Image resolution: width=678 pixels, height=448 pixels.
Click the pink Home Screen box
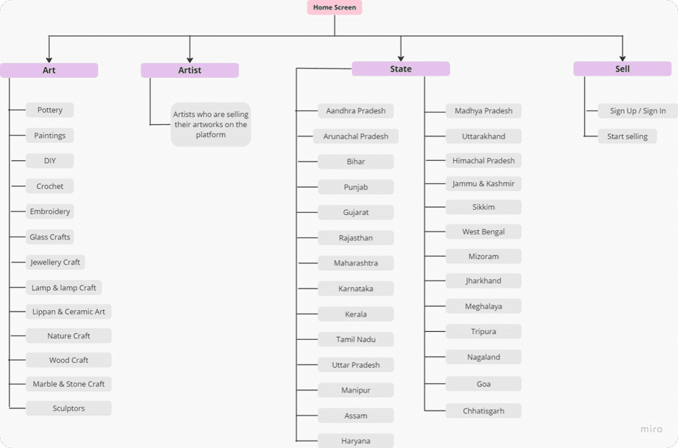(334, 8)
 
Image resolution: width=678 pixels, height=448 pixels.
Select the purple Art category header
(49, 70)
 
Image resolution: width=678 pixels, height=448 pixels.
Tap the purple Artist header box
(190, 70)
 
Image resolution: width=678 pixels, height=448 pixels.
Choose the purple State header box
(400, 69)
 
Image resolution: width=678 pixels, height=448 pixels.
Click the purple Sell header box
(622, 69)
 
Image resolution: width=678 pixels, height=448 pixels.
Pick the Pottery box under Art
(50, 110)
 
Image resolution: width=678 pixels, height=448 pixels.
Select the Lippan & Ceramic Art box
(69, 312)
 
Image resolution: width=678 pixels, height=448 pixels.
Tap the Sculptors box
(69, 408)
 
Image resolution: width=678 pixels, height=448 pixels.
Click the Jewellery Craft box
(56, 262)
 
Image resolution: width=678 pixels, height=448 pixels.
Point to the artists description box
(211, 124)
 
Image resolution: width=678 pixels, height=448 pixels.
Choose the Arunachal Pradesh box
(356, 136)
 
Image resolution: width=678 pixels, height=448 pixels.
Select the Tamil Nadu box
(356, 339)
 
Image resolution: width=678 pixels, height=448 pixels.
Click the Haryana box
(356, 441)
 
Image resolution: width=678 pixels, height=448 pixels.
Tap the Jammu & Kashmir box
(483, 184)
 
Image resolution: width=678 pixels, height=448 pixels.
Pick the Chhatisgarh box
(483, 411)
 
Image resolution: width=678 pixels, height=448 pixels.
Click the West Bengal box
(483, 232)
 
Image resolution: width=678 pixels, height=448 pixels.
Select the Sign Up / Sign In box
(638, 111)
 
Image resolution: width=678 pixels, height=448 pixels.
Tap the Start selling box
(627, 136)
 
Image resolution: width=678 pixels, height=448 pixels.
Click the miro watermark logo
(651, 429)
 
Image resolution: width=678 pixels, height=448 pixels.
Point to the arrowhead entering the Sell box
(622, 58)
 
